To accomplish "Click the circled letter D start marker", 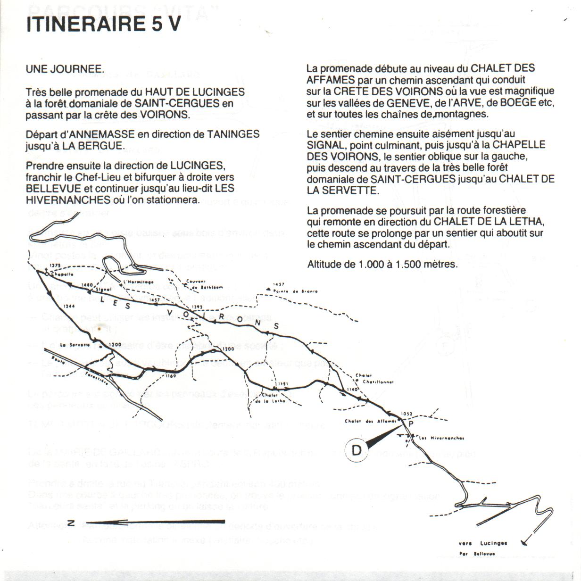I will click(357, 450).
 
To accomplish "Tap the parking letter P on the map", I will click(410, 424).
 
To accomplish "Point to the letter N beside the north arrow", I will click(70, 522).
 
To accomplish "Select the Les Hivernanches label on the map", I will click(441, 438).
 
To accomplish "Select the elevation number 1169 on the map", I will click(171, 376).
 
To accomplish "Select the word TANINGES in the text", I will click(233, 134).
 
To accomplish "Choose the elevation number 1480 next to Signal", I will click(87, 285).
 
